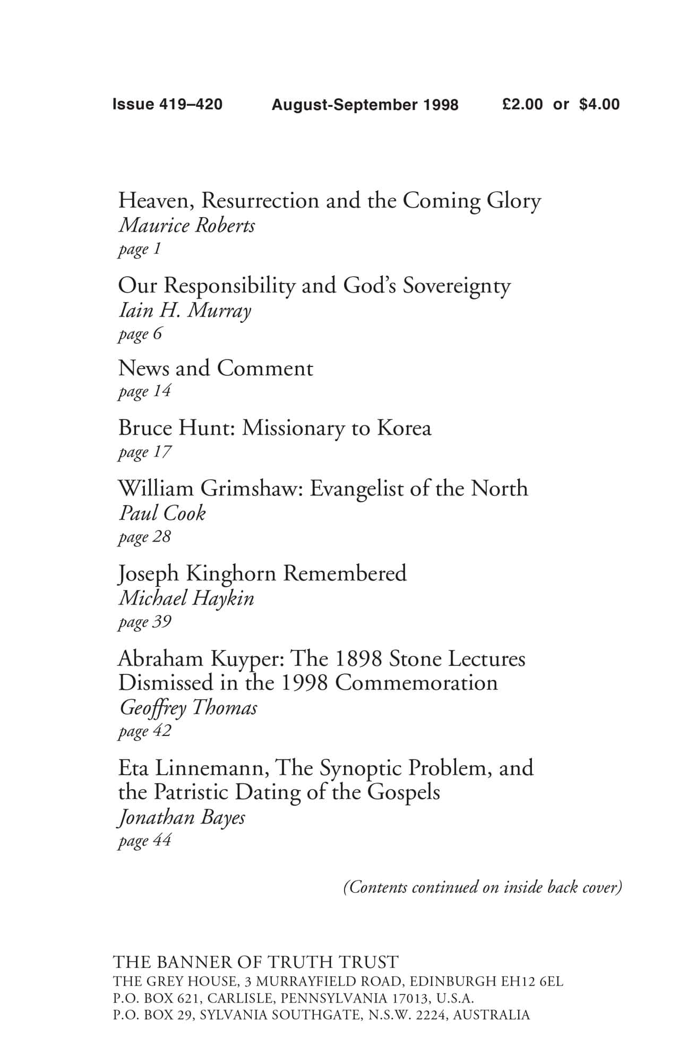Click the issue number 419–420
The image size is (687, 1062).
(x=191, y=104)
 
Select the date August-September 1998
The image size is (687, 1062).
(x=365, y=105)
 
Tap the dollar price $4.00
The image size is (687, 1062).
(x=599, y=104)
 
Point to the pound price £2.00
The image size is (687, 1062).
(x=522, y=104)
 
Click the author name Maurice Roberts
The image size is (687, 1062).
(x=186, y=226)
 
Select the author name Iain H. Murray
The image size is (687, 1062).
(x=184, y=311)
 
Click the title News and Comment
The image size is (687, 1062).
(x=216, y=368)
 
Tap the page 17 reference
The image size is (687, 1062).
(x=144, y=452)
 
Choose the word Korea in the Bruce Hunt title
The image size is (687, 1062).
(x=404, y=428)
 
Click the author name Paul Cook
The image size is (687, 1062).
(x=162, y=513)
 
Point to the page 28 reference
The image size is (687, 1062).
(x=144, y=537)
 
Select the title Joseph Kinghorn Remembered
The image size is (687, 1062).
(x=262, y=573)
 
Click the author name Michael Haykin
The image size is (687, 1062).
(x=186, y=598)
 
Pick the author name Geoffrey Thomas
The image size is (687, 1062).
(x=188, y=707)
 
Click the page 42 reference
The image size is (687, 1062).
(x=144, y=731)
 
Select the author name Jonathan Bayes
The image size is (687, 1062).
(x=182, y=817)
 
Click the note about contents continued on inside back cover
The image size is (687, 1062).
(x=483, y=887)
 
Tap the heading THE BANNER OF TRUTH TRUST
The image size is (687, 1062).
(x=255, y=962)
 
